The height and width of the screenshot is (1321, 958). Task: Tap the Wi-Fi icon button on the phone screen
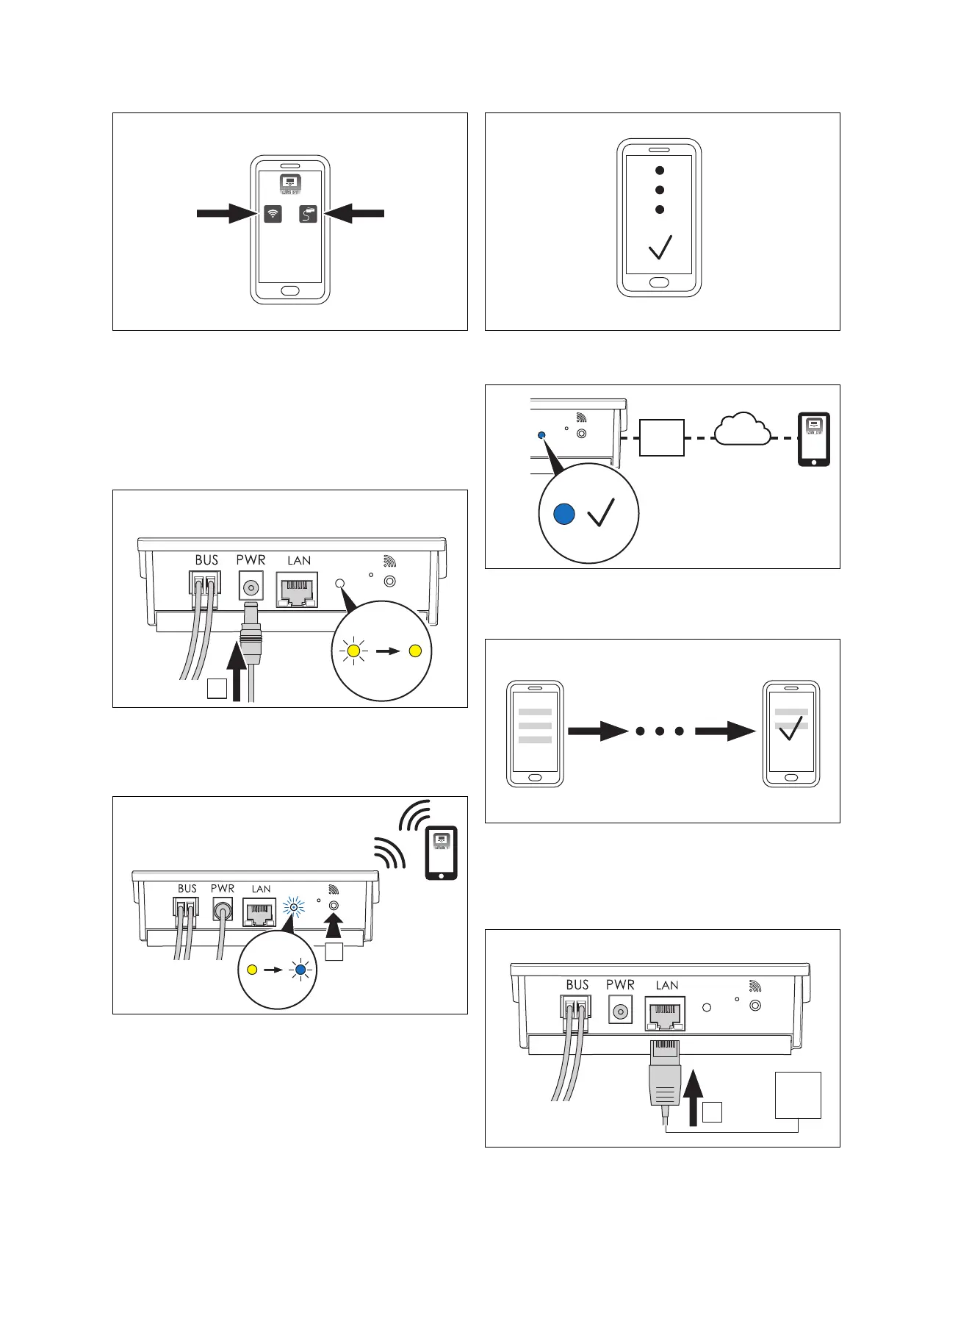(x=273, y=214)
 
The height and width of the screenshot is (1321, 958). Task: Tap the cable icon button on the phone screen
(x=309, y=214)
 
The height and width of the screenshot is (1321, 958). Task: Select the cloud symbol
(x=743, y=430)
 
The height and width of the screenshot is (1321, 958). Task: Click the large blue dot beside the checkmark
(x=563, y=514)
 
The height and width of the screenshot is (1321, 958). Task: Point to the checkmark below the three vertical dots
(x=660, y=247)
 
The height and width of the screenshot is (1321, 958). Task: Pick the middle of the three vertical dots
(x=660, y=190)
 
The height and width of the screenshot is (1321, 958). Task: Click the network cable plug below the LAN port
(x=664, y=1078)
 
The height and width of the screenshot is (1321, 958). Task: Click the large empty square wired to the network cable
(x=798, y=1095)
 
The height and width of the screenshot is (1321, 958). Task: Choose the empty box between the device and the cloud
(x=662, y=438)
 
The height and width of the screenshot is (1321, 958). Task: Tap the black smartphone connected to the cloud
(x=814, y=439)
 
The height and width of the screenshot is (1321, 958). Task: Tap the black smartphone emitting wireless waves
(x=441, y=853)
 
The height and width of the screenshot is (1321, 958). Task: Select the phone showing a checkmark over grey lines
(x=791, y=734)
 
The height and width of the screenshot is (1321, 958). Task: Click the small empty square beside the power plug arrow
(x=217, y=688)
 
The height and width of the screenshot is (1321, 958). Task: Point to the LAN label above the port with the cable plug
(x=667, y=985)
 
